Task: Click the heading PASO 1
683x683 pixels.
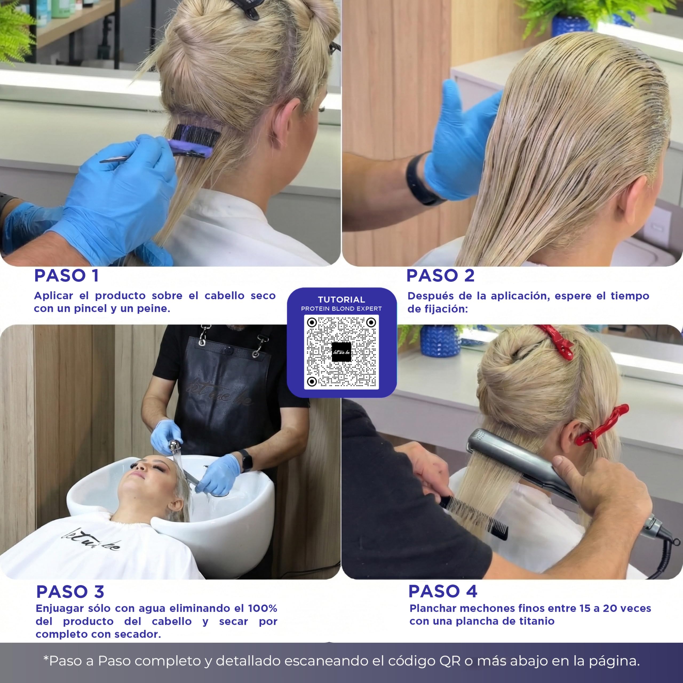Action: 66,276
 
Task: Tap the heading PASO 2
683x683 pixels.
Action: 440,276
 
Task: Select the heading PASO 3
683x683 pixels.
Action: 70,592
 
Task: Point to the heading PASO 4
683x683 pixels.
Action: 443,591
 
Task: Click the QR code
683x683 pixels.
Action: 341,352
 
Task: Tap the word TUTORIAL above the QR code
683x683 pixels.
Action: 341,299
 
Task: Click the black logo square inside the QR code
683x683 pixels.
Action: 341,352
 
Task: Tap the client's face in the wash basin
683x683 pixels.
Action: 147,475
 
